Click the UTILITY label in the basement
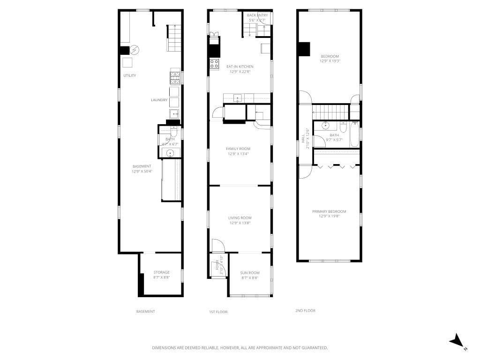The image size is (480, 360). tap(130, 75)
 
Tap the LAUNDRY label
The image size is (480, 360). tap(159, 100)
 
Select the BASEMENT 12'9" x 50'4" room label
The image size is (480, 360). tap(142, 169)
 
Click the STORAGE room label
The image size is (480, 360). tap(162, 275)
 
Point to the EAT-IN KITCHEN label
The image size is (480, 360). tap(240, 69)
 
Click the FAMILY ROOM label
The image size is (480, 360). tap(239, 151)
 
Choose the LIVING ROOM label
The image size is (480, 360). tap(240, 220)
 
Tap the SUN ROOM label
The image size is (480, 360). tap(250, 275)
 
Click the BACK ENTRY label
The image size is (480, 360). tap(257, 18)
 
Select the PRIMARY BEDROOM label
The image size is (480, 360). tap(329, 214)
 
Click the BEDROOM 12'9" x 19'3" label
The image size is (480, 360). tap(329, 58)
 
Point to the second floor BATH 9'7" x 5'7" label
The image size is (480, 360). tap(334, 137)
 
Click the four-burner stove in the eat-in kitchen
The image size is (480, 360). tap(214, 64)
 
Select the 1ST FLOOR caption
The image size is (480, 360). tap(218, 312)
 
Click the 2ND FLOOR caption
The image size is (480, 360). tap(305, 310)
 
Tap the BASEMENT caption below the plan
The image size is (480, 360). tap(145, 311)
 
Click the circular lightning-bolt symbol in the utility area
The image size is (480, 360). tap(135, 50)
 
